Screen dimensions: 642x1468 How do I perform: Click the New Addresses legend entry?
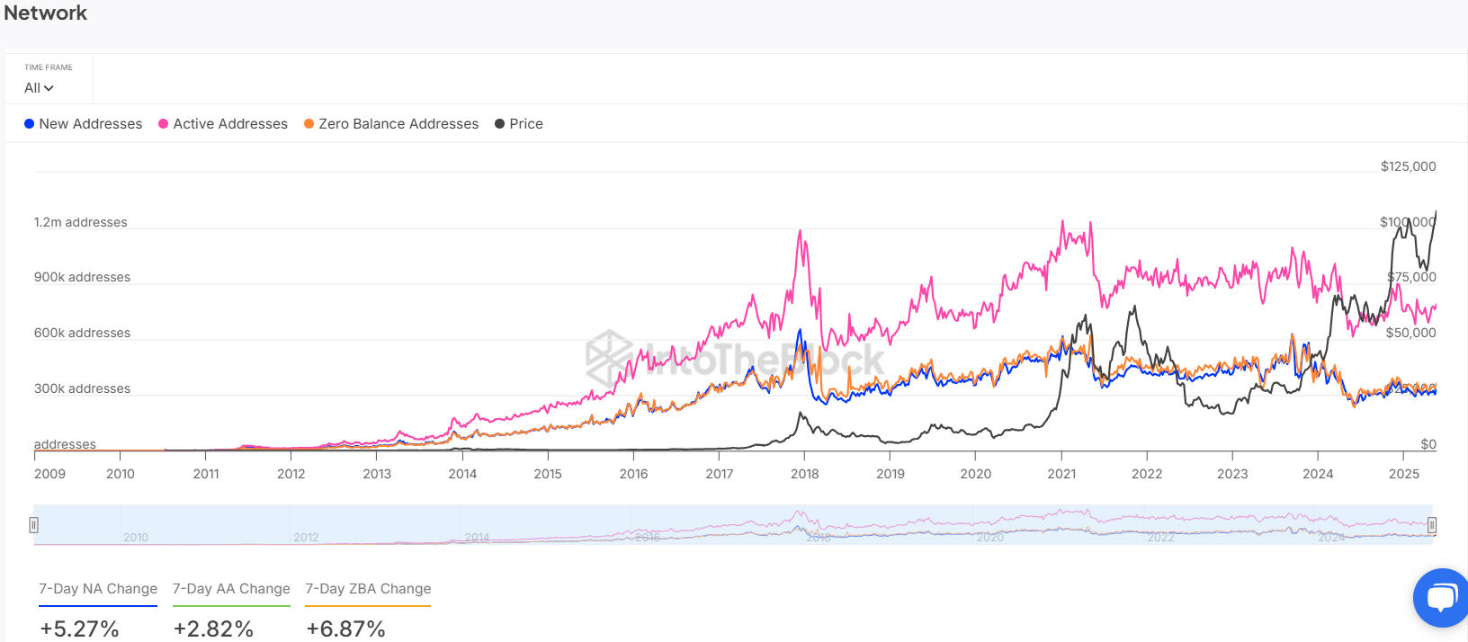click(x=83, y=124)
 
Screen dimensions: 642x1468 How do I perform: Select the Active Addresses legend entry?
click(x=223, y=124)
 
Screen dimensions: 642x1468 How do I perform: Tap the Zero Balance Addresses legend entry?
click(x=391, y=124)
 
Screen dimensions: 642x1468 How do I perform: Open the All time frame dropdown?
click(x=39, y=88)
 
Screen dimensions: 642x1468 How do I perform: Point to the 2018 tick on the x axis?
click(x=804, y=474)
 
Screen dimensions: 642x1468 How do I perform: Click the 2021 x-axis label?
click(x=1061, y=474)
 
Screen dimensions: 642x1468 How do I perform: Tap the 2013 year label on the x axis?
click(x=377, y=474)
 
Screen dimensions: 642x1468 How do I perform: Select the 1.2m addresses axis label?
click(x=81, y=222)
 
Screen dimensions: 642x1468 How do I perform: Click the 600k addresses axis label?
click(x=82, y=333)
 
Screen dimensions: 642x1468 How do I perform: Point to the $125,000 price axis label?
click(x=1408, y=166)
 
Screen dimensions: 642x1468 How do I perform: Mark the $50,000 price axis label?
click(x=1410, y=333)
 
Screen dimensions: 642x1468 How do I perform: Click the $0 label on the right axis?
click(x=1428, y=444)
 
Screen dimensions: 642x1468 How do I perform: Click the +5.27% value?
click(x=79, y=629)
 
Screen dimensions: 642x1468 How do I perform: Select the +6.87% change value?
click(x=345, y=629)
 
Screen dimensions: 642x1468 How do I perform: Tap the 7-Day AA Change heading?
click(x=231, y=589)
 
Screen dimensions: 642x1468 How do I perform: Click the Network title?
click(x=46, y=13)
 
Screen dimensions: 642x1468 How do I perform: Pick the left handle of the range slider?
click(x=33, y=525)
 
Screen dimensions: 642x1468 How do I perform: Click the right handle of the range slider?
click(x=1432, y=525)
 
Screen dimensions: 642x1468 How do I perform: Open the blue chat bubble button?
click(x=1442, y=597)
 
